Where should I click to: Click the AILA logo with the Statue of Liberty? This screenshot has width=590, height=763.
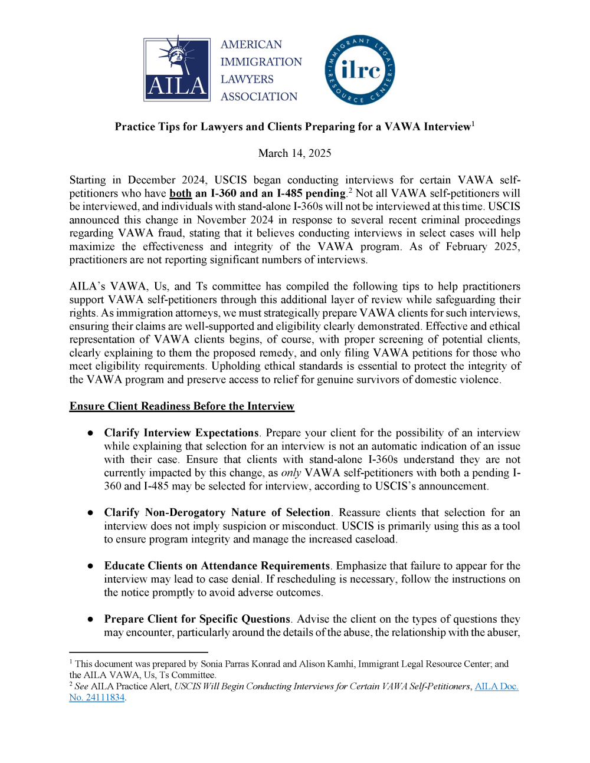point(177,70)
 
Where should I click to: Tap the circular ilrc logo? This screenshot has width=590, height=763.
point(359,70)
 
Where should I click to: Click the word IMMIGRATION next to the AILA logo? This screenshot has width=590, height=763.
point(261,62)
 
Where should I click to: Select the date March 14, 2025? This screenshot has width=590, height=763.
point(294,153)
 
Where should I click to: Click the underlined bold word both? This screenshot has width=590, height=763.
point(181,193)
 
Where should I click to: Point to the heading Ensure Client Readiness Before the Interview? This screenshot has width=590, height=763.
point(182,406)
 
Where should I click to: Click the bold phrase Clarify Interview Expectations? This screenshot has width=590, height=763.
point(181,433)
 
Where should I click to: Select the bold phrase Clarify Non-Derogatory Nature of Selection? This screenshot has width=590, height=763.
point(217,512)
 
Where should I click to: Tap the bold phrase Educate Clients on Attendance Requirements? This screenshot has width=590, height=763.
point(217,565)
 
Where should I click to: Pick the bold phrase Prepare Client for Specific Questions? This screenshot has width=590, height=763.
point(197,619)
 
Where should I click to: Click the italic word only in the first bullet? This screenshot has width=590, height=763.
point(291,473)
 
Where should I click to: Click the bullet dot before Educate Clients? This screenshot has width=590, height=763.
point(90,565)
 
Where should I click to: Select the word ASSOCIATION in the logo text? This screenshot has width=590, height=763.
point(259,97)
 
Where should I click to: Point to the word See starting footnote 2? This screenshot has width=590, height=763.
point(81,686)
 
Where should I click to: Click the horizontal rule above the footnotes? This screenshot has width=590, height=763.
point(139,652)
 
